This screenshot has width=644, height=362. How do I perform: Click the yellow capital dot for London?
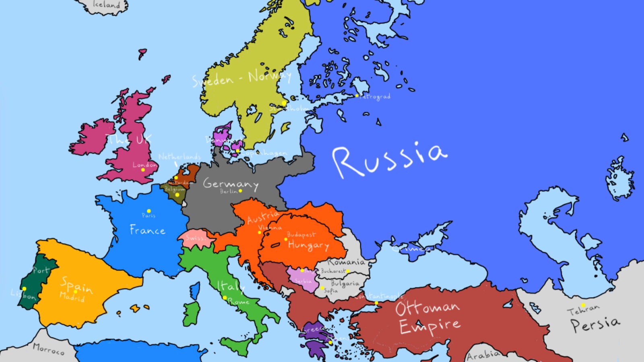143,170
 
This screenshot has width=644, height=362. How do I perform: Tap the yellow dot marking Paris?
149,211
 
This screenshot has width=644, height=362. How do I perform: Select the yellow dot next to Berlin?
240,191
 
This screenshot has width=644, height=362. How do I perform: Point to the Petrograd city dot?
357,96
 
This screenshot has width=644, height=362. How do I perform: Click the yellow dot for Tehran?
583,305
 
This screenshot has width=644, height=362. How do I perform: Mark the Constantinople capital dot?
376,303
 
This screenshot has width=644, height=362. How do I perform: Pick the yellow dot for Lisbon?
25,289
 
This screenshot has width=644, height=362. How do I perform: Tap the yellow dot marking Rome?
225,298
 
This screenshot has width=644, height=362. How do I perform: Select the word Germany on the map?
230,184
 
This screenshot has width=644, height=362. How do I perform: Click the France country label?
147,230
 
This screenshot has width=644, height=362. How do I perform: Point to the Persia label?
595,324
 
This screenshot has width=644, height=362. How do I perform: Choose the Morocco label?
48,349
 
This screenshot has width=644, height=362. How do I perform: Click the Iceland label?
106,5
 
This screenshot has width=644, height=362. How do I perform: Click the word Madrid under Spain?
72,297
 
